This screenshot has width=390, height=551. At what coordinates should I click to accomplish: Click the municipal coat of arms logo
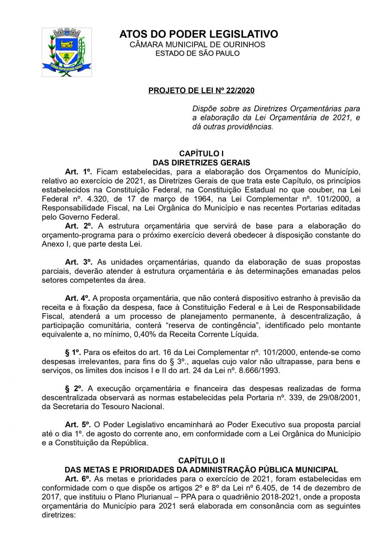coord(67,52)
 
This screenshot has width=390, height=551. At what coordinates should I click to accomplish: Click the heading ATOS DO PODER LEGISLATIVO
coord(198,34)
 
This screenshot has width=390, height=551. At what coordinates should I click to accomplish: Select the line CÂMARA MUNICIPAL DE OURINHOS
coord(198,45)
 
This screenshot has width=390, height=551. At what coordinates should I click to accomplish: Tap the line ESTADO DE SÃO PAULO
coord(198,53)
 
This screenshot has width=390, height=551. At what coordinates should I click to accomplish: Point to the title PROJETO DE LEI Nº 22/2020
coord(201,90)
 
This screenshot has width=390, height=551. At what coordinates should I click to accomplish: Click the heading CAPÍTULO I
coord(201,153)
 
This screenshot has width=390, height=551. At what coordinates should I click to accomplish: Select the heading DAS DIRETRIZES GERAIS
coord(201,163)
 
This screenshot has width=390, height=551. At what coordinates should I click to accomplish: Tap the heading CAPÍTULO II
coord(201,461)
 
